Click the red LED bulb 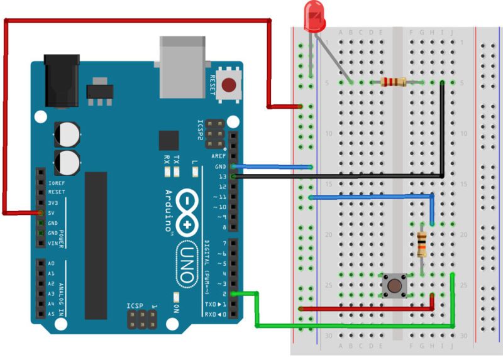coord(312,14)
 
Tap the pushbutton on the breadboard coord(394,286)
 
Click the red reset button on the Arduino coord(230,84)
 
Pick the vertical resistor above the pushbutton coord(421,244)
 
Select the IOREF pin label coord(57,183)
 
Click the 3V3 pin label coord(54,203)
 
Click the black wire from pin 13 coord(340,177)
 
